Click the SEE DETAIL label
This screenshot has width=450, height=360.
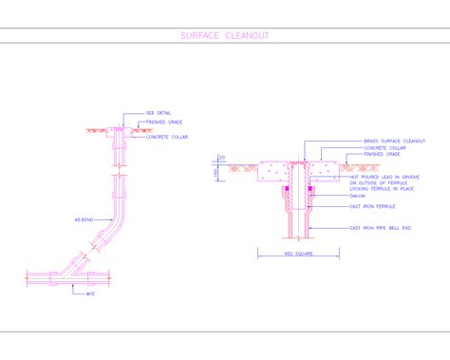[158, 113]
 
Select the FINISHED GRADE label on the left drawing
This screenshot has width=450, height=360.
[164, 122]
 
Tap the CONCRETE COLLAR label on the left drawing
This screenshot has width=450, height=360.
[165, 137]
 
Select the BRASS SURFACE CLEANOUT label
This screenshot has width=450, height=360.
[394, 141]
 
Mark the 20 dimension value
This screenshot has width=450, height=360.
[221, 157]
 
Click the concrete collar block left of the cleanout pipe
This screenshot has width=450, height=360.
[275, 171]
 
